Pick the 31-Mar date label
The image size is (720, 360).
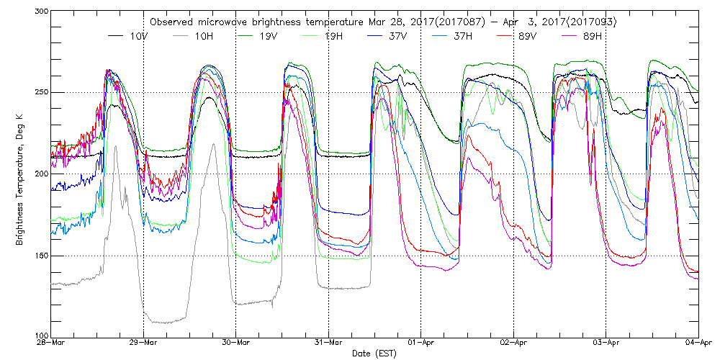point(328,343)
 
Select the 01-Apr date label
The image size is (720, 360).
point(420,343)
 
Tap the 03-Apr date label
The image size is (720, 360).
point(606,343)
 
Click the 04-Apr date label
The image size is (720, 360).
point(698,343)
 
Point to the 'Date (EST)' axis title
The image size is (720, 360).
point(374,354)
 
